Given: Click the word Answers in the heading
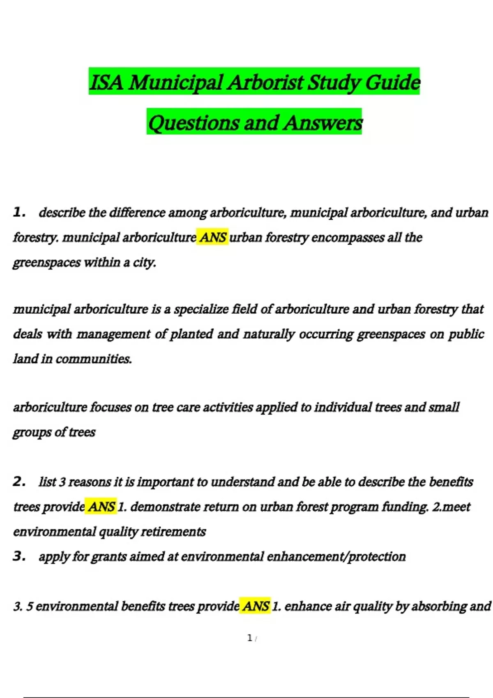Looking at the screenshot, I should (x=323, y=123).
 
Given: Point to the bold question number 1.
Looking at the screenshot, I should (x=19, y=212).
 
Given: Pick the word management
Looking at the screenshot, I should (x=114, y=334).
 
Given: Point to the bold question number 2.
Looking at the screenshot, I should (x=19, y=481).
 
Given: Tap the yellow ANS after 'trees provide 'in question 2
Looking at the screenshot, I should (x=101, y=507).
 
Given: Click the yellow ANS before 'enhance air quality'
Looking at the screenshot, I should (x=256, y=606).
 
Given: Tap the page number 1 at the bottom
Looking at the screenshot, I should (x=250, y=638).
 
